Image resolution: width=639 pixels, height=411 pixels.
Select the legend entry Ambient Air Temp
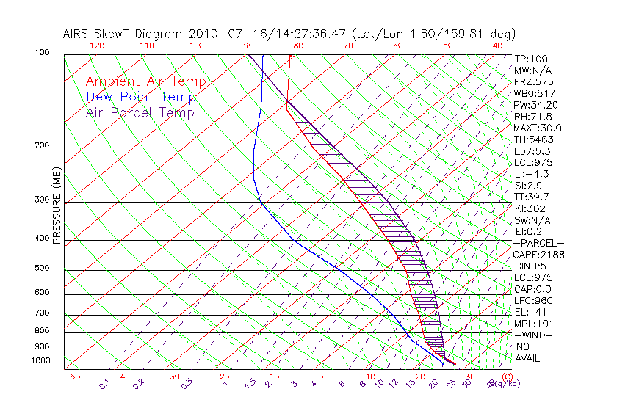pos(145,81)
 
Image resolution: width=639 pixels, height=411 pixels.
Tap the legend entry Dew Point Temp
pos(141,97)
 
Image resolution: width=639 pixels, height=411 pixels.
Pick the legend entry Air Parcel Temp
pos(140,112)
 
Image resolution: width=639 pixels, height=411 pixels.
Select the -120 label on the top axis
pos(93,46)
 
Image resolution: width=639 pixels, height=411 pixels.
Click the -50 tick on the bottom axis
pos(71,377)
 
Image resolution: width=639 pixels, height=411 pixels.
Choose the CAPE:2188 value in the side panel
pos(538,255)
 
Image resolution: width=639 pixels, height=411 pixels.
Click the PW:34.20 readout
pos(536,105)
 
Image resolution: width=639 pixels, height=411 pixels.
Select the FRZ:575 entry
pos(533,82)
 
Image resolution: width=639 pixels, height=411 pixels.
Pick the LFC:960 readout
pos(533,300)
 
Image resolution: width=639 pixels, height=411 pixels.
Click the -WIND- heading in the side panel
pos(535,335)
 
